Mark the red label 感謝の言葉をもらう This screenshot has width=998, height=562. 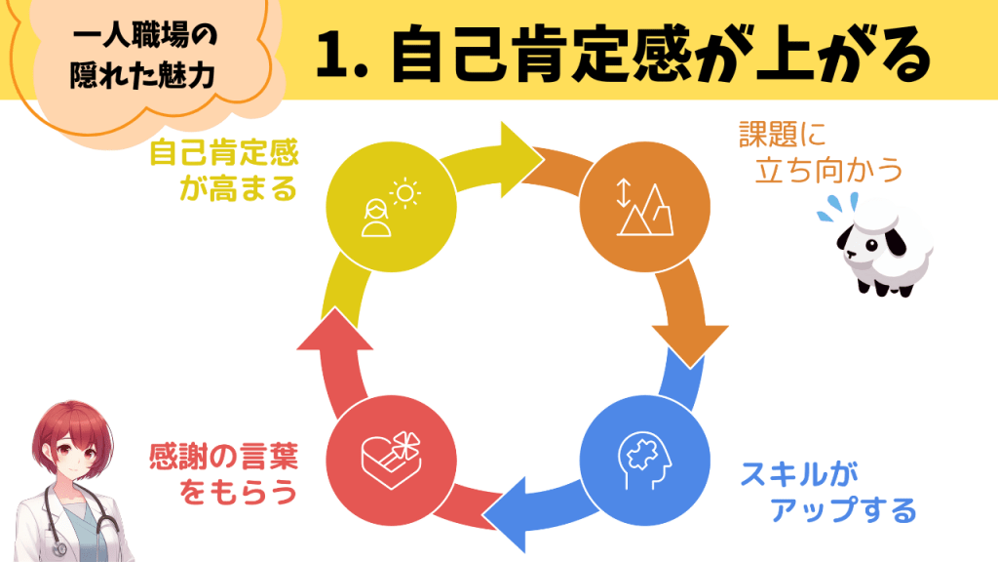pos(223,473)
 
